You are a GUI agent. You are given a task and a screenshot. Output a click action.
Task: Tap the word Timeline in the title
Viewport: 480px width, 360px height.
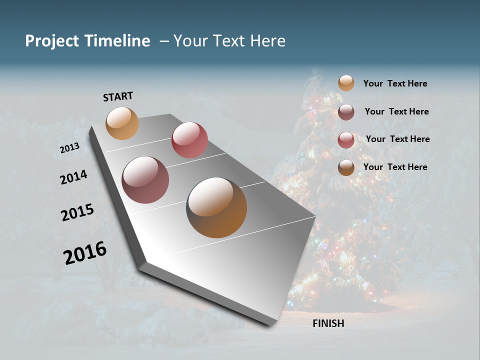click(x=117, y=41)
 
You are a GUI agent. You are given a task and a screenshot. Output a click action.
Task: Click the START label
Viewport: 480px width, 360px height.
click(x=118, y=96)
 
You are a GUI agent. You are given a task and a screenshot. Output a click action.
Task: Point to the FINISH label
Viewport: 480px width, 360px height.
click(x=328, y=323)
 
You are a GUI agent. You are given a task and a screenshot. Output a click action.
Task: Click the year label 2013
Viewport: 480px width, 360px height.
click(x=69, y=148)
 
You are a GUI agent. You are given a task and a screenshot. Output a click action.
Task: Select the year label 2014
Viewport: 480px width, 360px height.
click(x=74, y=177)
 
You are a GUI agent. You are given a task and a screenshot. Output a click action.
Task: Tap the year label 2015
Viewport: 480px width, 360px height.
click(x=77, y=213)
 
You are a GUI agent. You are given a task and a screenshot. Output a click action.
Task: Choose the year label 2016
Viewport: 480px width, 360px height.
click(x=85, y=253)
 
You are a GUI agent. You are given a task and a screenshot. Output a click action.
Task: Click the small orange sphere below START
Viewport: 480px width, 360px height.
click(x=122, y=123)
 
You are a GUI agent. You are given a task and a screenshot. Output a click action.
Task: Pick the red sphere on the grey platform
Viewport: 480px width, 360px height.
click(x=189, y=140)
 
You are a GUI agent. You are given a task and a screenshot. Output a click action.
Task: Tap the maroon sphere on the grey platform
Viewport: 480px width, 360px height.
click(x=145, y=180)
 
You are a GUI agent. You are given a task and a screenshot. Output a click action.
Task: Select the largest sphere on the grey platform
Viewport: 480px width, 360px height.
click(x=216, y=207)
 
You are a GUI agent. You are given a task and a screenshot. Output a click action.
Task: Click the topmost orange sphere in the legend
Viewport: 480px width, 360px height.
click(x=346, y=83)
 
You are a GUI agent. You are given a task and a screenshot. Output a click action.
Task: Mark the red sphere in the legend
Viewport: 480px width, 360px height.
click(x=346, y=140)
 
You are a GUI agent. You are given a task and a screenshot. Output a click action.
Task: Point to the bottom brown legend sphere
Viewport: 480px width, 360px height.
click(x=346, y=167)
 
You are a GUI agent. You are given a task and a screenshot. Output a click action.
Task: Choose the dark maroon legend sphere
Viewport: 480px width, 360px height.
click(x=346, y=112)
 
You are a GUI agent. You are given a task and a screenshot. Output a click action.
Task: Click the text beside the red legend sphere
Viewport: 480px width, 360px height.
click(x=397, y=139)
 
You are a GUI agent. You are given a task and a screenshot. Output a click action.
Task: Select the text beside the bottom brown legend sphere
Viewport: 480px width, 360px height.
click(x=395, y=167)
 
